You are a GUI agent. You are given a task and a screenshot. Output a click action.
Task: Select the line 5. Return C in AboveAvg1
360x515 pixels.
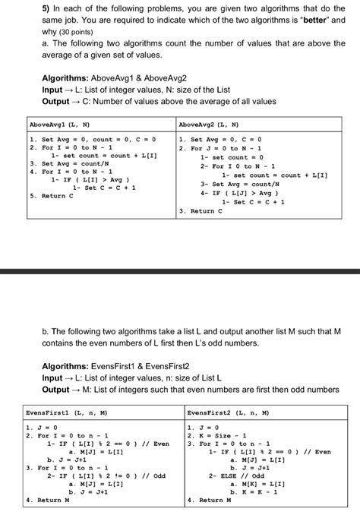(x=52, y=195)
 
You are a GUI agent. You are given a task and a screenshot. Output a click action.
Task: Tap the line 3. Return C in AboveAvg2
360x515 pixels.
(x=202, y=210)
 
